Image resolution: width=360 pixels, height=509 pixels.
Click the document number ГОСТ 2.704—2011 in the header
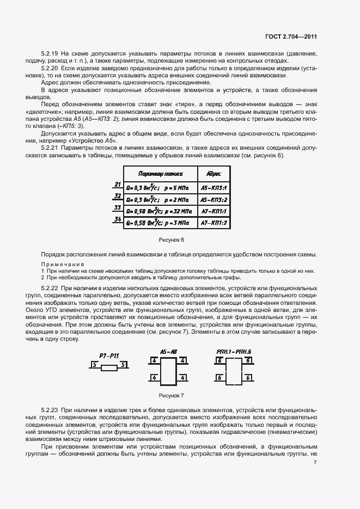[x=291, y=36]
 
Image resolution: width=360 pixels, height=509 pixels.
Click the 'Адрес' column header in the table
[x=213, y=174]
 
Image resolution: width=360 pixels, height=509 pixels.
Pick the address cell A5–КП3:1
[x=213, y=187]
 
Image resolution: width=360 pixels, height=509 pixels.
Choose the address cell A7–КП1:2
[x=213, y=223]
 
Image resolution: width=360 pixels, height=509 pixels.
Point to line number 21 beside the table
[x=117, y=185]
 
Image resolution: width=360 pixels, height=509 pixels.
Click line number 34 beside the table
[x=117, y=219]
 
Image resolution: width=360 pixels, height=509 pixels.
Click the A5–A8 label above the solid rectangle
[x=168, y=352]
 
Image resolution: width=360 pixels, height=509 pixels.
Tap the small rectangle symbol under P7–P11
[x=109, y=368]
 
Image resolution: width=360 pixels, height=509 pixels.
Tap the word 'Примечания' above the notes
[x=61, y=263]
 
